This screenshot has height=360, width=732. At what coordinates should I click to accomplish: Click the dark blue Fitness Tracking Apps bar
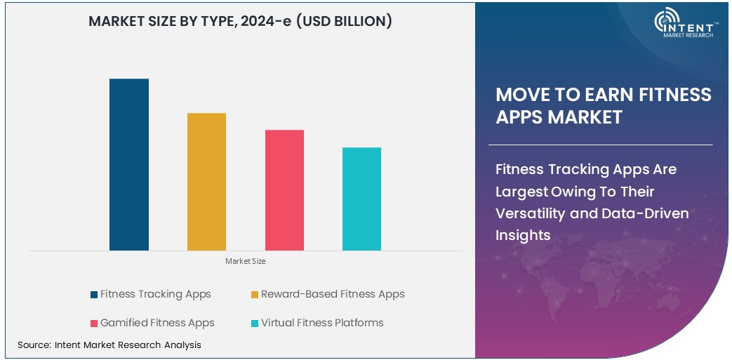(x=129, y=164)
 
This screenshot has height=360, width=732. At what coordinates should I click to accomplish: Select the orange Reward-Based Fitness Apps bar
(x=206, y=181)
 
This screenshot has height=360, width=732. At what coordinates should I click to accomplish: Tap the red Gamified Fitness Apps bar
(x=284, y=189)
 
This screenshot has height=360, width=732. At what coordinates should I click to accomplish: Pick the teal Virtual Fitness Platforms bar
(x=361, y=199)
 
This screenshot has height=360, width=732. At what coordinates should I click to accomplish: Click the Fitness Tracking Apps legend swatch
(x=94, y=295)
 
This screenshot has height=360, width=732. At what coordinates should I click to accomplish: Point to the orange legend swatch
(x=255, y=295)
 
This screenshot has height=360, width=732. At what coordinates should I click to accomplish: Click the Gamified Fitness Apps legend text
(x=157, y=323)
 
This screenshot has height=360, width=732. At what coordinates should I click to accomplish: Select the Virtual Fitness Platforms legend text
(x=322, y=323)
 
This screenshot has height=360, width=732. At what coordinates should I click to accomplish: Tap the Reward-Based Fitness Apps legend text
(x=333, y=294)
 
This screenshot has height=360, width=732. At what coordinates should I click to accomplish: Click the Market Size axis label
(x=246, y=261)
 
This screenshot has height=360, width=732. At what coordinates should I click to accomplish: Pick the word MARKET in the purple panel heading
(x=585, y=116)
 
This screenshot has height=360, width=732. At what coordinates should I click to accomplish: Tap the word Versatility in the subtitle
(x=532, y=213)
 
